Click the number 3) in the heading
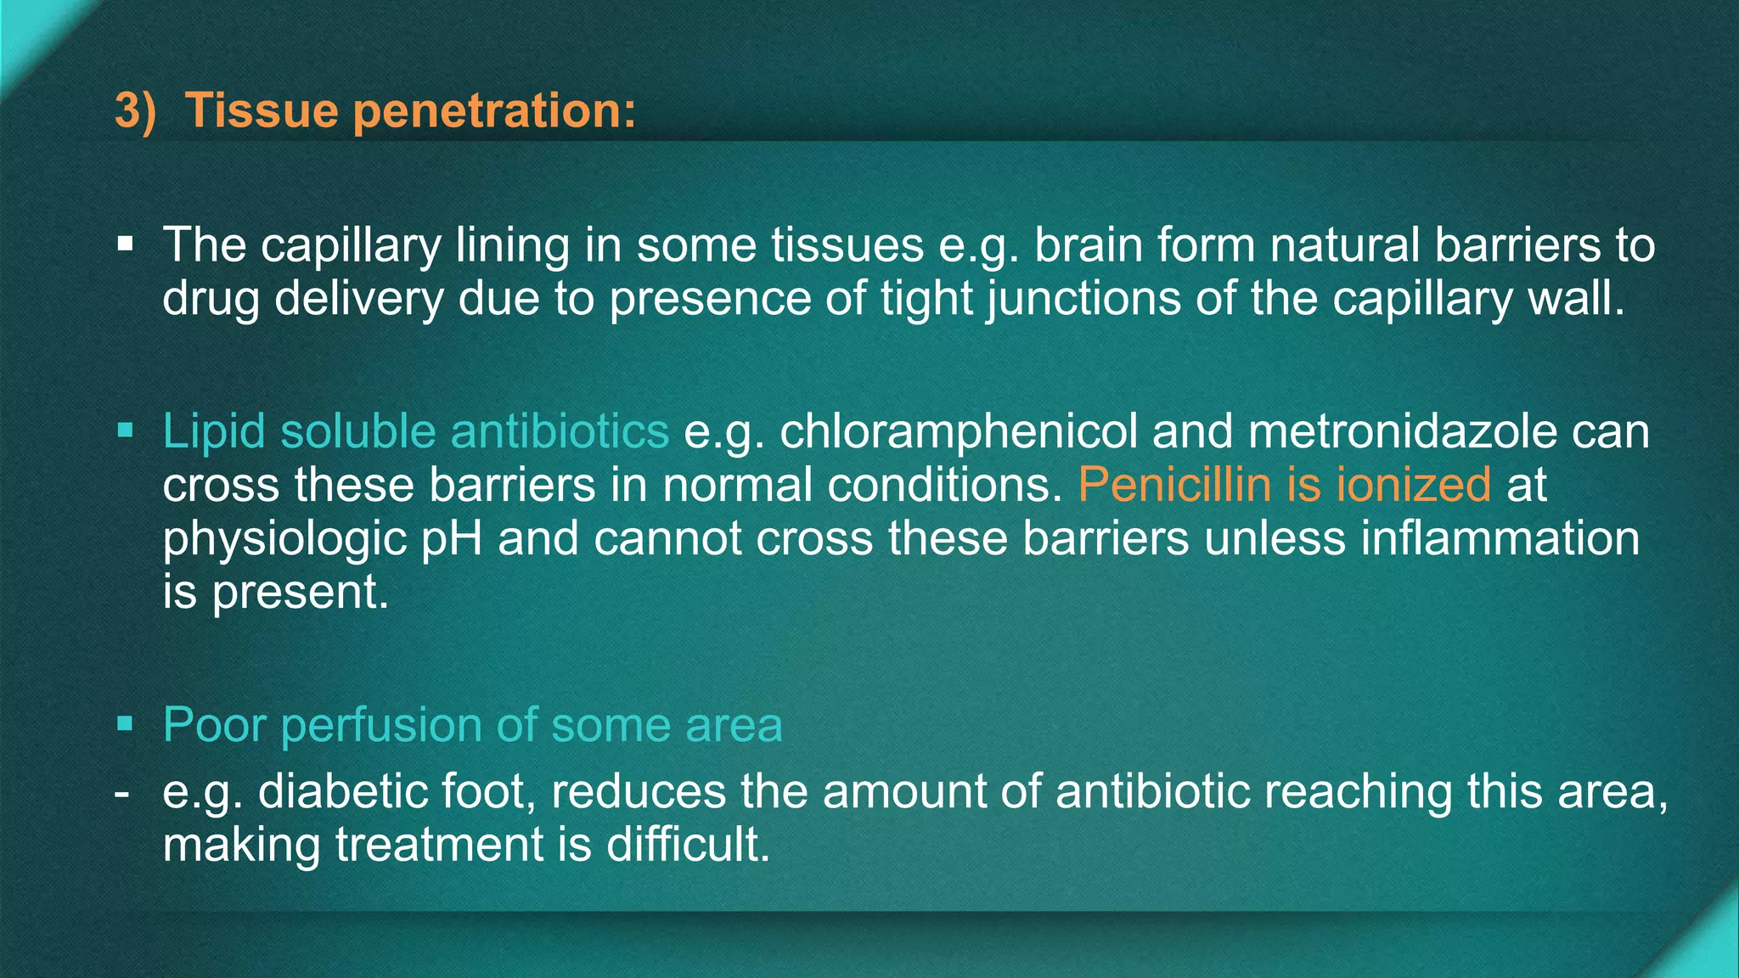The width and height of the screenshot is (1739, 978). tap(136, 111)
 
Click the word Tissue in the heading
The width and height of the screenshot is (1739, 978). tap(262, 111)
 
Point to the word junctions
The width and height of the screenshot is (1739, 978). tap(1083, 300)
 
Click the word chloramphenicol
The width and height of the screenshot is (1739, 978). tap(959, 431)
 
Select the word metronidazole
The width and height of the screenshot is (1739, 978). tap(1403, 431)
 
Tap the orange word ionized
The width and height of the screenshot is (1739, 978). tap(1414, 485)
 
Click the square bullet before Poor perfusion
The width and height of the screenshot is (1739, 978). tap(126, 724)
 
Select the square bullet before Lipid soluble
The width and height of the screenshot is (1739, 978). tap(126, 430)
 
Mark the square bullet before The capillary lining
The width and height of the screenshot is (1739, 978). tap(126, 244)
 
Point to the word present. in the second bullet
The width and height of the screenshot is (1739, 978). tap(301, 593)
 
